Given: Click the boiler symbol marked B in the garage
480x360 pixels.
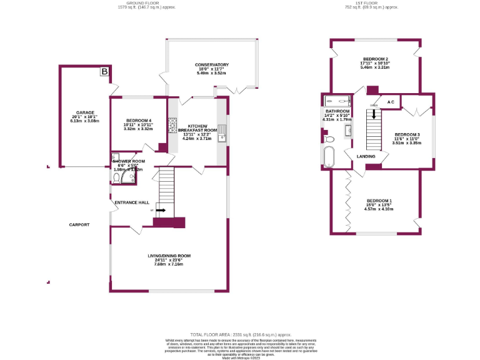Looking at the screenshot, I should pos(104,72).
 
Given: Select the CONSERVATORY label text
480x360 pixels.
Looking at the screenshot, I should pos(211,65).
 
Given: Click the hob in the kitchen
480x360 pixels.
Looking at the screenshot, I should pos(172,130).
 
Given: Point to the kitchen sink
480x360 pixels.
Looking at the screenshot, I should pos(221,138).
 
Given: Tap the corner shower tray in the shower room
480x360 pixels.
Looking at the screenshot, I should pos(128,177).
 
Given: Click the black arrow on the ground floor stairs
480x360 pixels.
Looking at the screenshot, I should pos(161,211).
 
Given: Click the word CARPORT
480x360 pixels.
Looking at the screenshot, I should pos(79,225).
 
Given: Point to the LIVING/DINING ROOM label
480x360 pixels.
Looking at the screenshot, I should pos(169,256).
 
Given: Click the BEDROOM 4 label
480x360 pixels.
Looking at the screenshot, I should pos(139,120).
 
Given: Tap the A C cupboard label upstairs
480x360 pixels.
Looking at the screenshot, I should pos(390,102).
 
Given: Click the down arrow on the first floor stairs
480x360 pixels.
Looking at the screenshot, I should pos(374,106).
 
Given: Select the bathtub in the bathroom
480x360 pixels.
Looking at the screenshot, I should pos(329,157).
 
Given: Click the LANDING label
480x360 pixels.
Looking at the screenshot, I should pos(366,156).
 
